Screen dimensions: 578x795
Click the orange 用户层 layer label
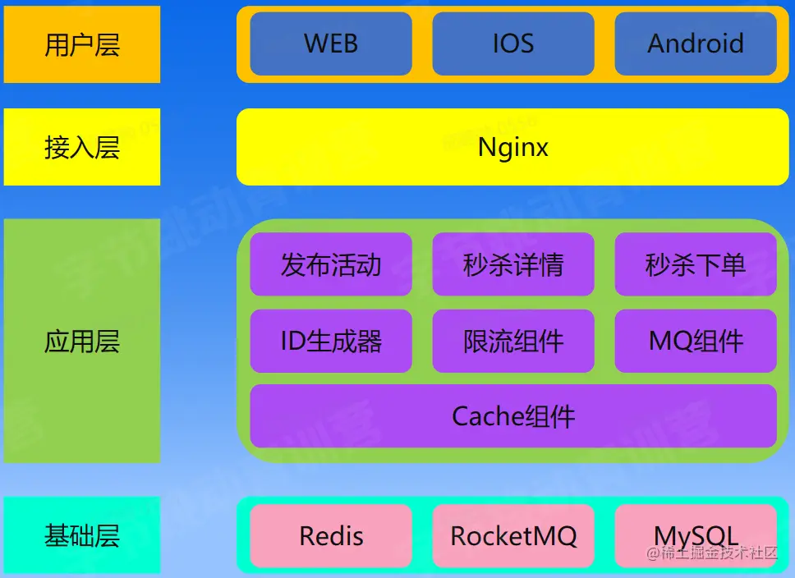click(x=81, y=44)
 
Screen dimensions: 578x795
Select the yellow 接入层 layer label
click(x=81, y=147)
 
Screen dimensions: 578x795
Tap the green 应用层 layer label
click(x=81, y=341)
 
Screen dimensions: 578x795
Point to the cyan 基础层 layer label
click(x=81, y=535)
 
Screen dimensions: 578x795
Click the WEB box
click(x=331, y=44)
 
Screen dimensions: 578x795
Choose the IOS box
click(x=513, y=44)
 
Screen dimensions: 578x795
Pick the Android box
click(x=696, y=44)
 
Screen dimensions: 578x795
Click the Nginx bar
click(x=513, y=147)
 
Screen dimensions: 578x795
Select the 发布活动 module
click(x=331, y=264)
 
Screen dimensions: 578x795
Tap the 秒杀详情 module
click(x=513, y=264)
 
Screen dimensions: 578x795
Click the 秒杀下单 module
click(x=696, y=264)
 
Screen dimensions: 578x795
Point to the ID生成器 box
click(x=331, y=341)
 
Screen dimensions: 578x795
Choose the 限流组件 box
click(x=513, y=341)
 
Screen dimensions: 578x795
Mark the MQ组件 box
click(x=696, y=341)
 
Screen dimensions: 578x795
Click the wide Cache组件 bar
click(x=513, y=416)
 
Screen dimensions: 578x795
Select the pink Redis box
click(x=331, y=536)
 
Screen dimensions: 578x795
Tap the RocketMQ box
click(x=513, y=536)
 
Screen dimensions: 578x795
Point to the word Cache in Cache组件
click(x=488, y=416)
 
